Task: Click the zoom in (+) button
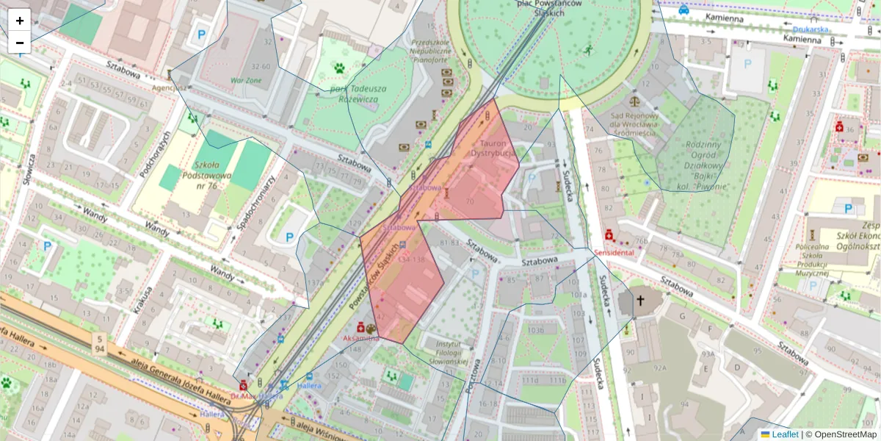coord(20,20)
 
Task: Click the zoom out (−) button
coord(20,42)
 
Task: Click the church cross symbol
coord(640,301)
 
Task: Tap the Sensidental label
coord(614,252)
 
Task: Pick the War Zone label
coord(246,79)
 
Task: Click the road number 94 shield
coord(98,342)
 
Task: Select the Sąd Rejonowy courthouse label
coord(636,119)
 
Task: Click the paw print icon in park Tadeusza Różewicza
coord(340,68)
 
